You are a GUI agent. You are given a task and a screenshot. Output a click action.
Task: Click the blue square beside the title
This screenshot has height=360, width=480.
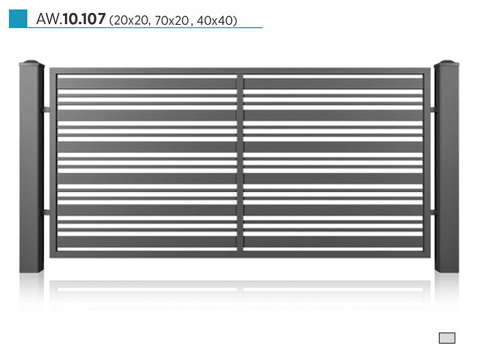[18, 19]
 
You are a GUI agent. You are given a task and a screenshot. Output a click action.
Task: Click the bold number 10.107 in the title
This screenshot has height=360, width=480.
[84, 19]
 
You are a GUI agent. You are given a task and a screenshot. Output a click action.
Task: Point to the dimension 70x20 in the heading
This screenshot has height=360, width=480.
[171, 21]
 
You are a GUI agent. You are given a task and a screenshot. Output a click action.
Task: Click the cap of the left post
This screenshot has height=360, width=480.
[32, 64]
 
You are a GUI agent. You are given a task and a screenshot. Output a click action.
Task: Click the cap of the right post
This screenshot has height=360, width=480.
[446, 64]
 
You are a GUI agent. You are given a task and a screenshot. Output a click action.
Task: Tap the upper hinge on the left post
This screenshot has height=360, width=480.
[47, 110]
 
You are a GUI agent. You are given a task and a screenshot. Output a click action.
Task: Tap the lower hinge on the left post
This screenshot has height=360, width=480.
[47, 212]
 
